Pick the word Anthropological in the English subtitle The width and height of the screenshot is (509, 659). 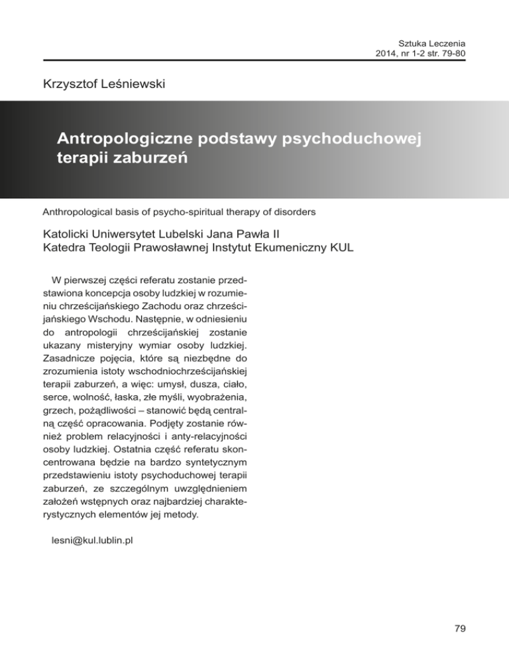click(75, 213)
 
